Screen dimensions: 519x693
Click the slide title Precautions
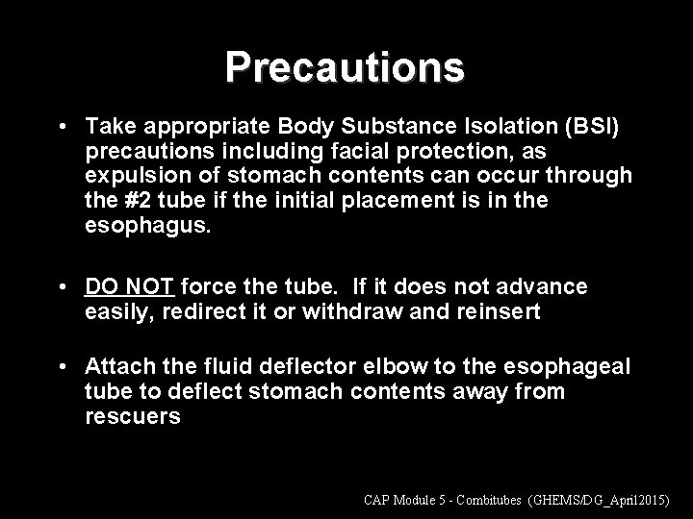tap(346, 67)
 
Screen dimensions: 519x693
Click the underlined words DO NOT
tap(129, 286)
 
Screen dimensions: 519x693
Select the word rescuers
tap(132, 416)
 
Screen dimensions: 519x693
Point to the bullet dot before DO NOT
tap(62, 287)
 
